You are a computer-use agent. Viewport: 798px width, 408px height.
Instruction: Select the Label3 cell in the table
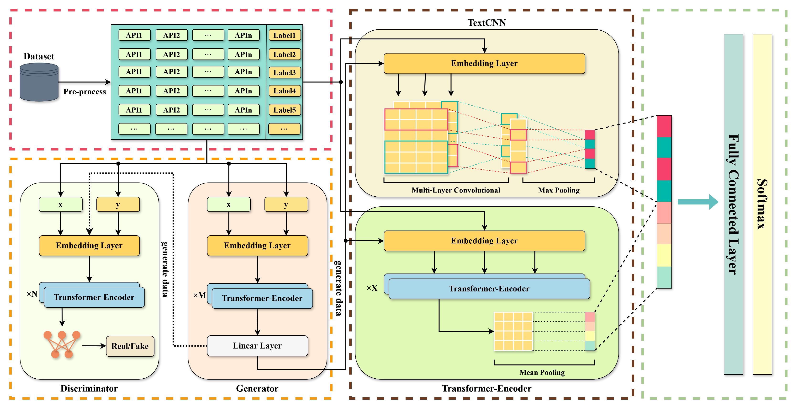point(284,73)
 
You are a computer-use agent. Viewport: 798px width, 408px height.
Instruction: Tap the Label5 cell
point(284,110)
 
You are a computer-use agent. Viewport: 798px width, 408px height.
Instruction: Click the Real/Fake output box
point(130,346)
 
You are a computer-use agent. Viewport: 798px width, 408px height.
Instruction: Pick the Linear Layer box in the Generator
point(257,346)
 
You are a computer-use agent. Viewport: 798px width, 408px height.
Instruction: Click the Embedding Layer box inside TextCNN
point(484,63)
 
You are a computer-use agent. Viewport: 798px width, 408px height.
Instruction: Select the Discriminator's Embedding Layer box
point(89,246)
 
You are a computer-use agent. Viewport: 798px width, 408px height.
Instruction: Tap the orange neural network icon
point(62,344)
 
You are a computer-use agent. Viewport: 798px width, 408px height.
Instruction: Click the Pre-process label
point(85,92)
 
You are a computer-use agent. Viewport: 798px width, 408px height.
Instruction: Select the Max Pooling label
point(559,190)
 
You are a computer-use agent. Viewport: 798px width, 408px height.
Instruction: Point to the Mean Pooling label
point(542,372)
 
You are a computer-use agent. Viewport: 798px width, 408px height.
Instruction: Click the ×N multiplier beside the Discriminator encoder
point(32,294)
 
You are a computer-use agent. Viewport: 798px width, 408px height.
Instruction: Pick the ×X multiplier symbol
point(372,288)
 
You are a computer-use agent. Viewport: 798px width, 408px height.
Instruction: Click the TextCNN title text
point(486,23)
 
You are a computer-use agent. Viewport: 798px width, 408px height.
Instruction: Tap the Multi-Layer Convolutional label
point(455,190)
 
